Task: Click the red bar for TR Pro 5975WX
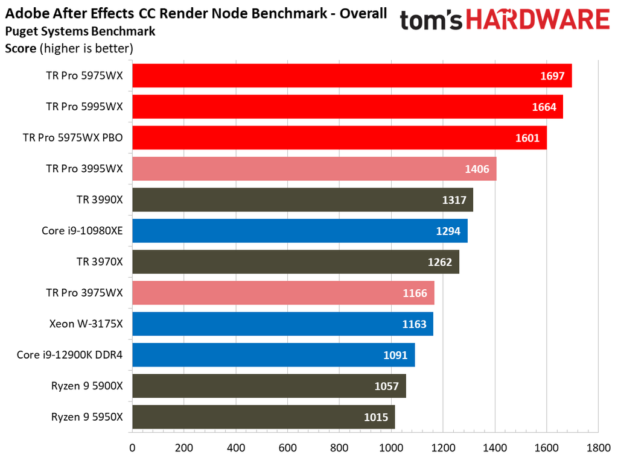coord(351,76)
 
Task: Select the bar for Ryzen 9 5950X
coord(263,417)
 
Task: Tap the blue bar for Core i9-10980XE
coord(299,231)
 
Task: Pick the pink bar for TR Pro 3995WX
coord(314,169)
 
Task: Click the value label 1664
coord(544,107)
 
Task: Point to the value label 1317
coord(454,200)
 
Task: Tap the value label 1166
coord(415,293)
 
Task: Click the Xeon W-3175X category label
coord(86,324)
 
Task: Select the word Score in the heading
coord(21,48)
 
